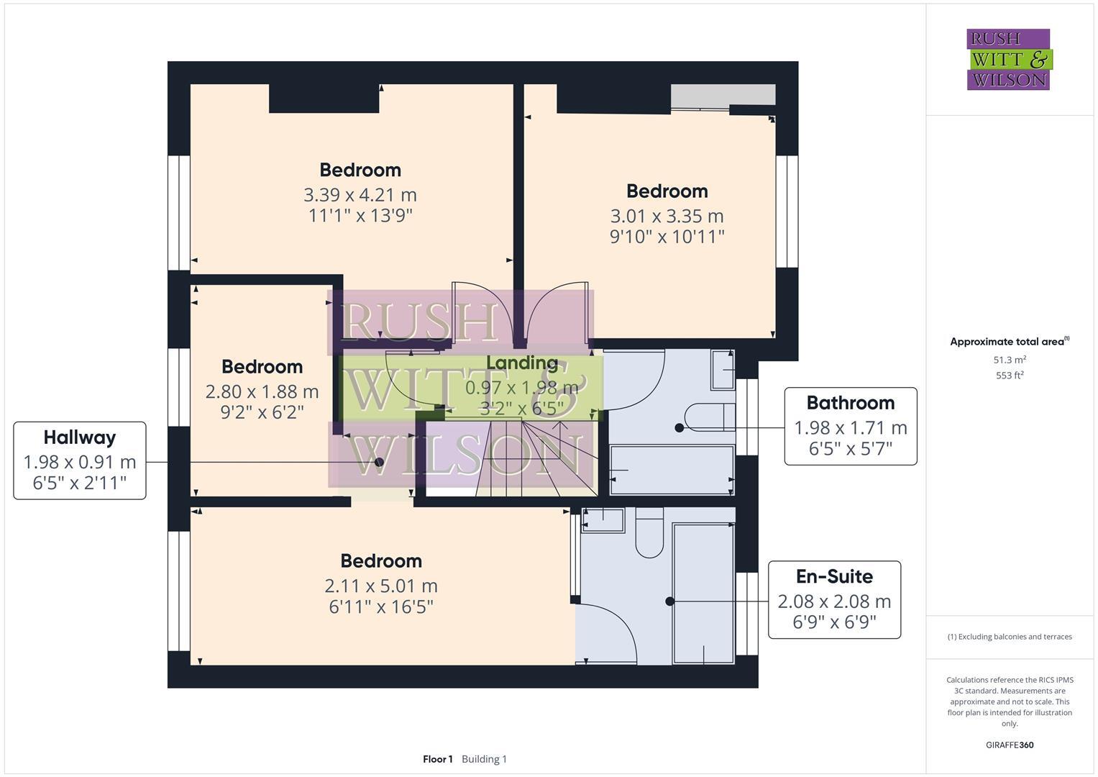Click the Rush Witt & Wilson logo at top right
click(x=1008, y=59)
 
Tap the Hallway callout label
click(x=80, y=460)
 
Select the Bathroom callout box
click(x=850, y=427)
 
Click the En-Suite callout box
click(x=834, y=600)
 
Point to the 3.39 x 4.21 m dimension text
click(x=360, y=195)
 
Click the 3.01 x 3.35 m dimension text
click(x=667, y=216)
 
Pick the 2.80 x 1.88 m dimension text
click(x=262, y=392)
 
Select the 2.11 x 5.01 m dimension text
click(x=381, y=586)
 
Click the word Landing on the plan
click(x=522, y=363)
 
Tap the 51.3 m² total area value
click(x=1010, y=360)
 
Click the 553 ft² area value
click(x=1010, y=376)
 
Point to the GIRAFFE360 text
click(x=1010, y=745)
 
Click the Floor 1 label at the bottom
click(x=437, y=759)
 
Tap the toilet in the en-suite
click(x=649, y=535)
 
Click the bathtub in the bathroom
click(x=672, y=470)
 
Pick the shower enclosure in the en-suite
click(x=703, y=593)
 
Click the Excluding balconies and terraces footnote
click(x=1010, y=637)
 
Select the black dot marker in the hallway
click(x=380, y=462)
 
